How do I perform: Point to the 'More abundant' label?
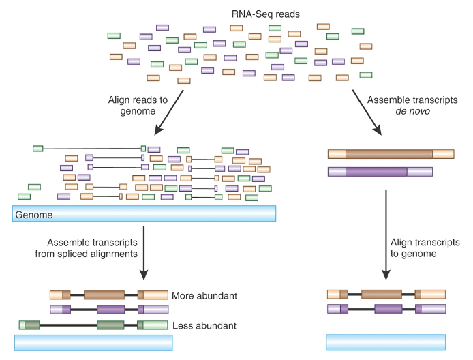(204, 296)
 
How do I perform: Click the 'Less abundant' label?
(204, 325)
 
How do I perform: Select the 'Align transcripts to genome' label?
(425, 248)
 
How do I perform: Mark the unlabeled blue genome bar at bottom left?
(91, 342)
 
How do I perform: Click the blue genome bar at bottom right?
(386, 342)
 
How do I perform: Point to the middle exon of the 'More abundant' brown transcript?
(104, 295)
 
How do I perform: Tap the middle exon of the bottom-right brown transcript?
(382, 295)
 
